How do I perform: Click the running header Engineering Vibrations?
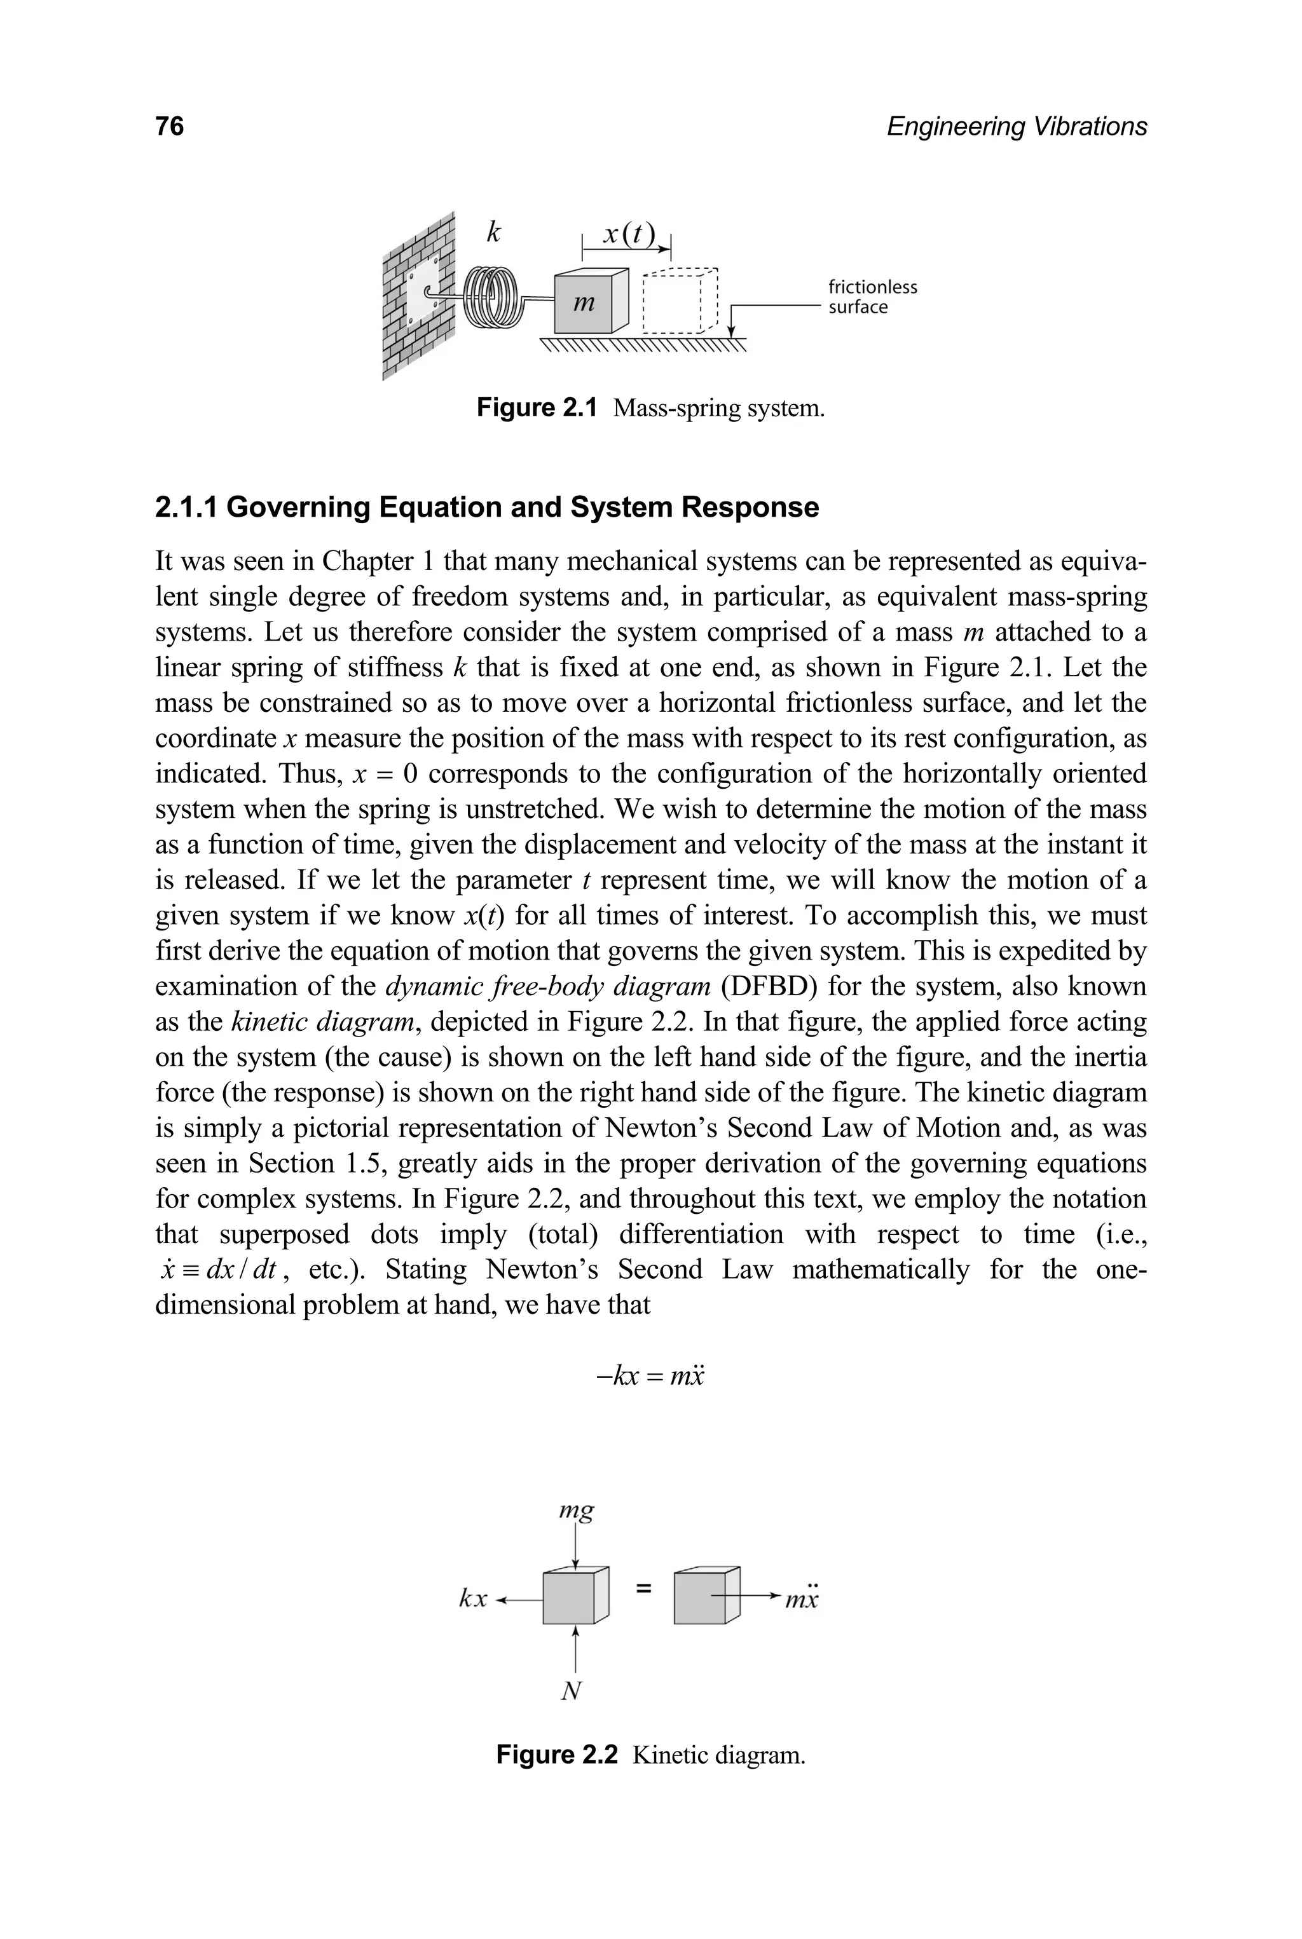click(1017, 126)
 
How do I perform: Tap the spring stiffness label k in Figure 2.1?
click(493, 233)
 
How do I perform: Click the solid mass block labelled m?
click(585, 304)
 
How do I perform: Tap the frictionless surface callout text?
click(872, 297)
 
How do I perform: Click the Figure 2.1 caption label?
click(537, 409)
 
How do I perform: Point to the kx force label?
click(473, 1599)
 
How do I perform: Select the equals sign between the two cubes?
click(643, 1589)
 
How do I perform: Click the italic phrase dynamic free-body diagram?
click(548, 987)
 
